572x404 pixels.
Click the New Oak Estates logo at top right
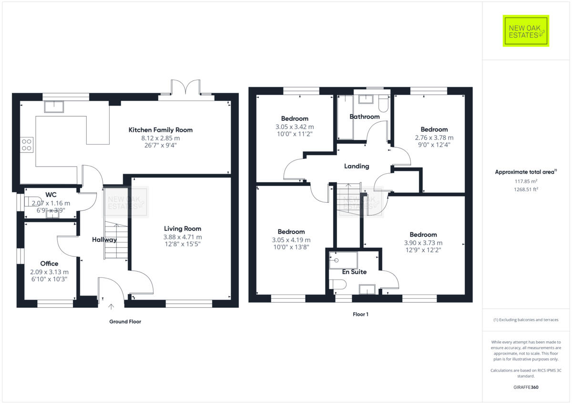coord(526,30)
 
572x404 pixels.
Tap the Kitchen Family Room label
coord(160,130)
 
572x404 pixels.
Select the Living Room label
coord(183,228)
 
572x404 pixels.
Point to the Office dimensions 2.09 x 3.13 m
coord(49,272)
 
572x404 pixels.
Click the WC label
coord(51,195)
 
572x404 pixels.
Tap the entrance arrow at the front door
coord(112,307)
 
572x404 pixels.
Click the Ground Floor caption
coord(125,322)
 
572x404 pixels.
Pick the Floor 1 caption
coord(360,315)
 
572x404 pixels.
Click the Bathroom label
coord(364,117)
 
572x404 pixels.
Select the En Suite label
coord(354,272)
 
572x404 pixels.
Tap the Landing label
coord(357,166)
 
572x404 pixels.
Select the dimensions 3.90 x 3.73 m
coord(423,243)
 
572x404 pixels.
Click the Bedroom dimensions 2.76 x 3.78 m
coord(434,138)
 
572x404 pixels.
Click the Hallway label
coord(104,240)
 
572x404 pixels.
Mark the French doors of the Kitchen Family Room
coord(186,89)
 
